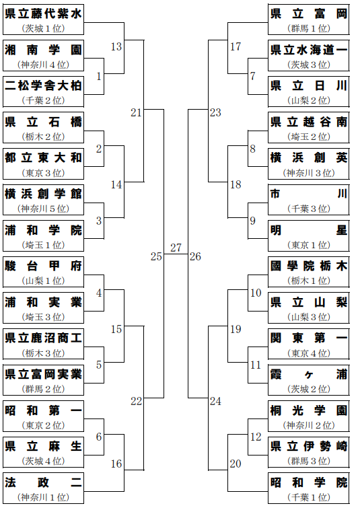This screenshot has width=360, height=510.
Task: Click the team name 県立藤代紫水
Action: (x=43, y=14)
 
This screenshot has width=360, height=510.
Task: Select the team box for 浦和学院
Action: (x=43, y=235)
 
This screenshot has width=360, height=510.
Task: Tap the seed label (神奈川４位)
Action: (x=43, y=65)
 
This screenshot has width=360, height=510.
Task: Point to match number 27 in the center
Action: (x=176, y=248)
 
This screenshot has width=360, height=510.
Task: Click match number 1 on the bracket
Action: (x=99, y=77)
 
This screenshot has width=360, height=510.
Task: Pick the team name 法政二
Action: (x=43, y=482)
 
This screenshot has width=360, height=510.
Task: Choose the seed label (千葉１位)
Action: (x=309, y=497)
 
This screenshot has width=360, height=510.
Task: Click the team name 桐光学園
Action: (x=309, y=410)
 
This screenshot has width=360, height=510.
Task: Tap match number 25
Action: (x=156, y=256)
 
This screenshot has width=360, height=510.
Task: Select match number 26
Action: (x=195, y=256)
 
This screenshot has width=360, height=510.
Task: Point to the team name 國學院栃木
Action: (x=309, y=266)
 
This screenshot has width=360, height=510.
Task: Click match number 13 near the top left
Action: (x=116, y=47)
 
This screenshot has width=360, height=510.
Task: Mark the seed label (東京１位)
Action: (x=309, y=245)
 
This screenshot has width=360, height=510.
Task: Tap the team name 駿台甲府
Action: (x=43, y=266)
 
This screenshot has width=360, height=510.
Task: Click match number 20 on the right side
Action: (x=236, y=464)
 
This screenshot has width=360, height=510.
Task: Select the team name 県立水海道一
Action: (x=309, y=50)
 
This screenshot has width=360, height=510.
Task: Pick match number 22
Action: (x=136, y=402)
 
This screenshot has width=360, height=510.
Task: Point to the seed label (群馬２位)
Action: (x=43, y=389)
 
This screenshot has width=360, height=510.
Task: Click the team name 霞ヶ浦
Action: (x=309, y=375)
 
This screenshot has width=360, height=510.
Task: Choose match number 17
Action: (x=236, y=47)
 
